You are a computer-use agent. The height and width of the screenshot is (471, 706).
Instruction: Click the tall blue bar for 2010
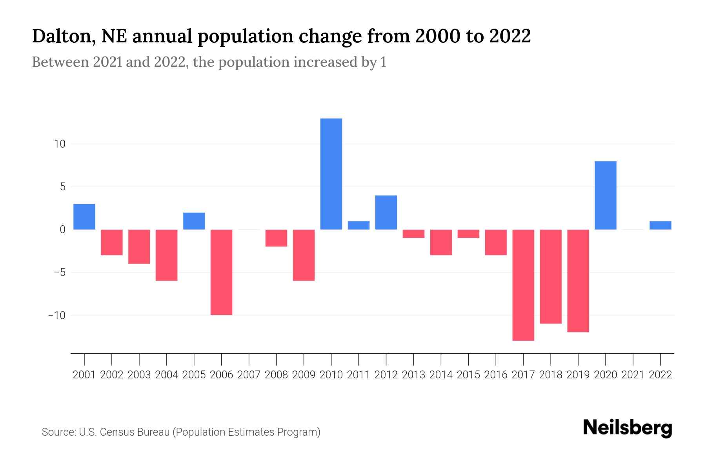(331, 174)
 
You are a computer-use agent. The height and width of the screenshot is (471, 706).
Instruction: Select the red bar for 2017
(523, 285)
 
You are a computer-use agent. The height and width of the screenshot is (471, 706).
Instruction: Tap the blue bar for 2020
(606, 195)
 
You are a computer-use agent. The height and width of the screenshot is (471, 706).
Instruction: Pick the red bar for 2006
(222, 272)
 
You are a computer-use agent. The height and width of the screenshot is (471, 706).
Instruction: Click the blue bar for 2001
(84, 217)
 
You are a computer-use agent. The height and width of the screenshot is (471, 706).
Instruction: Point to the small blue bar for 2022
(661, 225)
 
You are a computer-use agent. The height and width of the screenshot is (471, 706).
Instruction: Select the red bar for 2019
(578, 281)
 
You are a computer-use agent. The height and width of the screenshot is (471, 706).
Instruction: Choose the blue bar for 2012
(386, 212)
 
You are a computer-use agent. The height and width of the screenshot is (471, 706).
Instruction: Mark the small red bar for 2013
(413, 234)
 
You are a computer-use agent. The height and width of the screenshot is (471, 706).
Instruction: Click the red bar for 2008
(277, 238)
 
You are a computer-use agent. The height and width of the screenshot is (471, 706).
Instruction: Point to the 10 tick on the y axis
(60, 144)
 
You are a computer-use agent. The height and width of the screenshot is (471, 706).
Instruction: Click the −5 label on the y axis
(57, 272)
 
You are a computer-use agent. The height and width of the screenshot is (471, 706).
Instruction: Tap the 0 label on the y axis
(62, 230)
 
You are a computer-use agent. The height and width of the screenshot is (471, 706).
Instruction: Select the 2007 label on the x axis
(249, 375)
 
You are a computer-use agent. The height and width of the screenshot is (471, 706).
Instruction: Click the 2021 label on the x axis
(633, 375)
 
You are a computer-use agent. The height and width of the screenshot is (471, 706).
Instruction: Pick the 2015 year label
(468, 375)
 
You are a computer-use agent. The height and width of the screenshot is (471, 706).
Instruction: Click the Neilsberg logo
(628, 428)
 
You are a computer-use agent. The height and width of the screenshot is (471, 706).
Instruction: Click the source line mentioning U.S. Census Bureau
(181, 432)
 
